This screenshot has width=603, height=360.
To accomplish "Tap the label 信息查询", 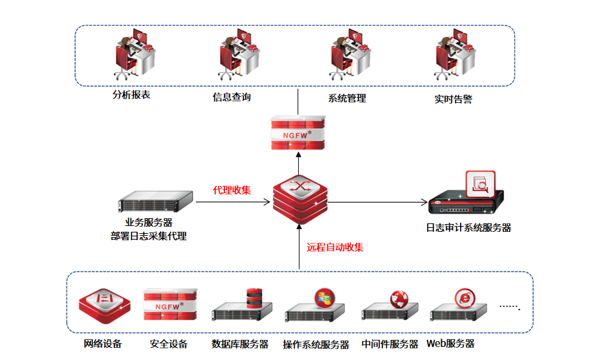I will [232, 97].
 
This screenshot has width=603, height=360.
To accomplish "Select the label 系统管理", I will [347, 98].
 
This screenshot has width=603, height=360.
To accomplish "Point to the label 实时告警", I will [453, 100].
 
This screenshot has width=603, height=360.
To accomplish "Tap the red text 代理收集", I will [232, 190].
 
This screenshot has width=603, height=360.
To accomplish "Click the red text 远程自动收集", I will [335, 247].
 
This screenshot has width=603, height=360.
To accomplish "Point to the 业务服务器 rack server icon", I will [155, 202].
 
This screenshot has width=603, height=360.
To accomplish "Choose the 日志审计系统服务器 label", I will [468, 228].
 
